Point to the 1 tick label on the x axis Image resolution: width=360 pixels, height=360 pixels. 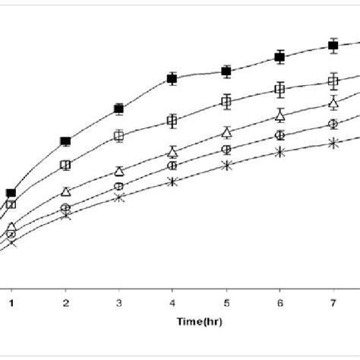[12, 302]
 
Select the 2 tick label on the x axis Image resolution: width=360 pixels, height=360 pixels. [65, 302]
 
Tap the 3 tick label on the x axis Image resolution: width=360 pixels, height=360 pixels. [118, 302]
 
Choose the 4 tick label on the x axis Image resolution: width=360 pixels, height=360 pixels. [172, 302]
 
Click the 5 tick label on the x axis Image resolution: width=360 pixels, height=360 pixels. [226, 302]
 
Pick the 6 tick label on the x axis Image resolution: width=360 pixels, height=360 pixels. [279, 302]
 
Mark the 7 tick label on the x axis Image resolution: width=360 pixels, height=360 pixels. [333, 302]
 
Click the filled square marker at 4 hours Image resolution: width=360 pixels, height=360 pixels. [172, 78]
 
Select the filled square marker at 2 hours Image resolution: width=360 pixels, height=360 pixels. [65, 141]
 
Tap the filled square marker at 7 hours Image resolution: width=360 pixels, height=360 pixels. [333, 46]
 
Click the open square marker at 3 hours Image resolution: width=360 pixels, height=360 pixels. [119, 136]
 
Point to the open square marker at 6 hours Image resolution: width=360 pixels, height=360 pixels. [279, 90]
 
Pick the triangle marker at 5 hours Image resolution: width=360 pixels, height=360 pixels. [226, 132]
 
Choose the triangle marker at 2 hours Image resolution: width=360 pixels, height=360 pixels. [66, 191]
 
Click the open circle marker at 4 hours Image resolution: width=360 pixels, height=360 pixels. [172, 165]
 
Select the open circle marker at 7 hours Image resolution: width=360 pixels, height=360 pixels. [333, 124]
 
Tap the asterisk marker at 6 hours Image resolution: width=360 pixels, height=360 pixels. [279, 152]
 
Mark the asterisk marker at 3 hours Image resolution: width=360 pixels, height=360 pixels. [119, 197]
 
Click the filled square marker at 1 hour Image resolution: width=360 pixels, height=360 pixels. [11, 194]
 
